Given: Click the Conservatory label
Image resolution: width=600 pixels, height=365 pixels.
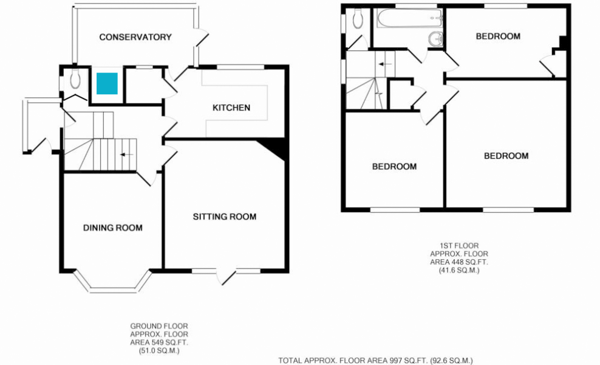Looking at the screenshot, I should (135, 37).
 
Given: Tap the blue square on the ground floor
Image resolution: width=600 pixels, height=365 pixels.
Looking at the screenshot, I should (107, 83).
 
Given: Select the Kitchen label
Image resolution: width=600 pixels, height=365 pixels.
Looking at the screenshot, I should (231, 108).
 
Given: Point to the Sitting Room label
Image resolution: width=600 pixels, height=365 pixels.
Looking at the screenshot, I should (225, 217).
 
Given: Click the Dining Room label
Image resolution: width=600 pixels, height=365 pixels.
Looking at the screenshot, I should (113, 228).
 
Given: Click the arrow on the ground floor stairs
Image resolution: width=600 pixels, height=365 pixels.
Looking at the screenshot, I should (126, 155).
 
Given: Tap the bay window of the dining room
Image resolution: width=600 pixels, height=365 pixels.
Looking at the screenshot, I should (112, 287).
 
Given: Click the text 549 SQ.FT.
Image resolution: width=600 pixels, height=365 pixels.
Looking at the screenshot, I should (167, 343).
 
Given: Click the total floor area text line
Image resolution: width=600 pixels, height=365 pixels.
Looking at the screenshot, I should (375, 360).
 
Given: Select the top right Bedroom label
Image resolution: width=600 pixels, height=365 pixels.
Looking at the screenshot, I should (498, 36).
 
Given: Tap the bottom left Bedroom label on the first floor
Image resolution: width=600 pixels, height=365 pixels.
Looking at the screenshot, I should (394, 166).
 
